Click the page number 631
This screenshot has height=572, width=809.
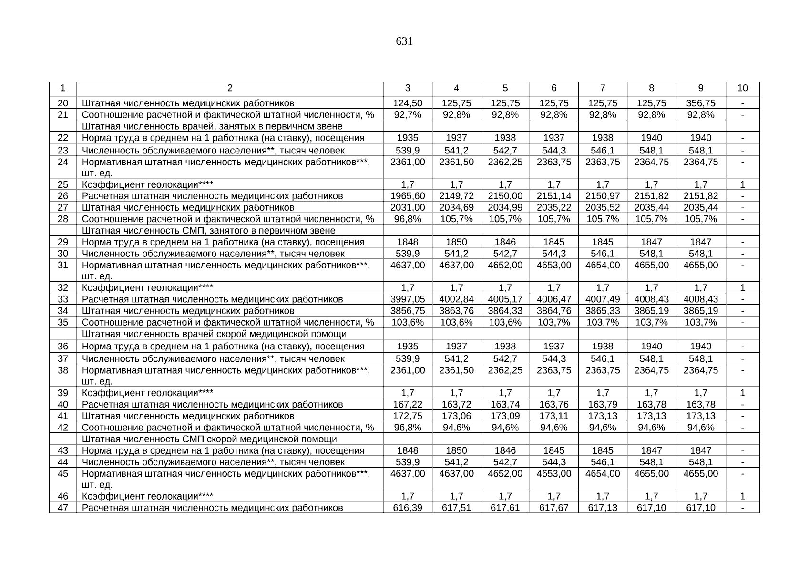point(404,41)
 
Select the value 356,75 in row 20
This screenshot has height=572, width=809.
point(700,103)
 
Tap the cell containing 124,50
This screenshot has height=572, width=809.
point(408,103)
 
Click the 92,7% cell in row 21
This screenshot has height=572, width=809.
point(408,114)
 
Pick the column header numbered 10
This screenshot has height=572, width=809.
point(742,88)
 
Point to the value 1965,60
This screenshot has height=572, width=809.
point(408,196)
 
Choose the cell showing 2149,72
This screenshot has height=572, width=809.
point(456,196)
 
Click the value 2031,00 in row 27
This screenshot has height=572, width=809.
point(408,207)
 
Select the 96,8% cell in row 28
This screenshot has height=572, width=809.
point(408,219)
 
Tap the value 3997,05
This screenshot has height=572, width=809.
point(408,299)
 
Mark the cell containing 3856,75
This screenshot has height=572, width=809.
point(408,311)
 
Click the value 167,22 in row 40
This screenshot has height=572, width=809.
point(408,405)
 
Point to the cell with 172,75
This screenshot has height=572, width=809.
point(408,416)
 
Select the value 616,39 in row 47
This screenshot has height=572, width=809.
point(408,508)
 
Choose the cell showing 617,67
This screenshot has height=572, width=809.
point(553,508)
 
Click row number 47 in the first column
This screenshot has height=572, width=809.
point(63,508)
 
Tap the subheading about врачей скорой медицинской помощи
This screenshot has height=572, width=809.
point(214,334)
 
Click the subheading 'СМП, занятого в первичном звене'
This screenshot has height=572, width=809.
point(208,231)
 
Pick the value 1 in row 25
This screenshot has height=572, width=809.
point(742,184)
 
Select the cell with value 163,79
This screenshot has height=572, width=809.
point(603,405)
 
